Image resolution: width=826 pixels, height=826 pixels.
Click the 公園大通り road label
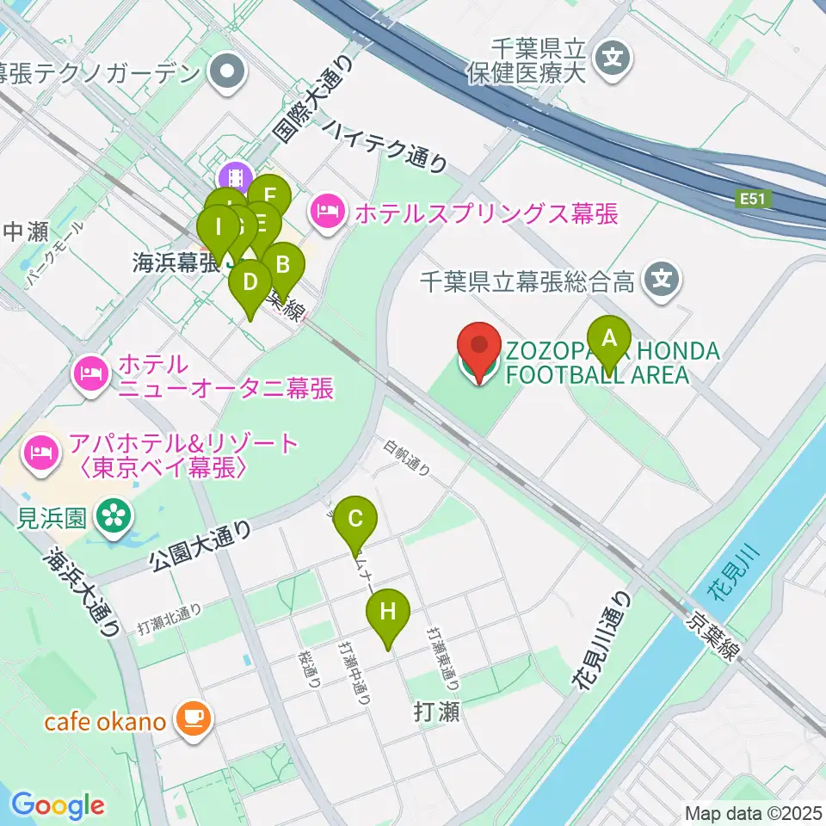coord(200,547)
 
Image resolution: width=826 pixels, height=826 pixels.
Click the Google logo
coord(59,806)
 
